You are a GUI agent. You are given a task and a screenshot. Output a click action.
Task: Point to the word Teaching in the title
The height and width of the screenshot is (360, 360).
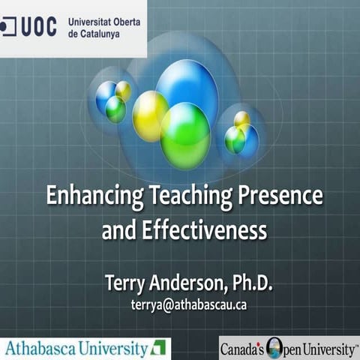172,197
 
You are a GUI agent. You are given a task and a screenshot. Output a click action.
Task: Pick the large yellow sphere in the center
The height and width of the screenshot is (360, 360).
149,115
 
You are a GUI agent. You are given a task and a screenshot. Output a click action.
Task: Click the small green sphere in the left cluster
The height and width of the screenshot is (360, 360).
115,109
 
